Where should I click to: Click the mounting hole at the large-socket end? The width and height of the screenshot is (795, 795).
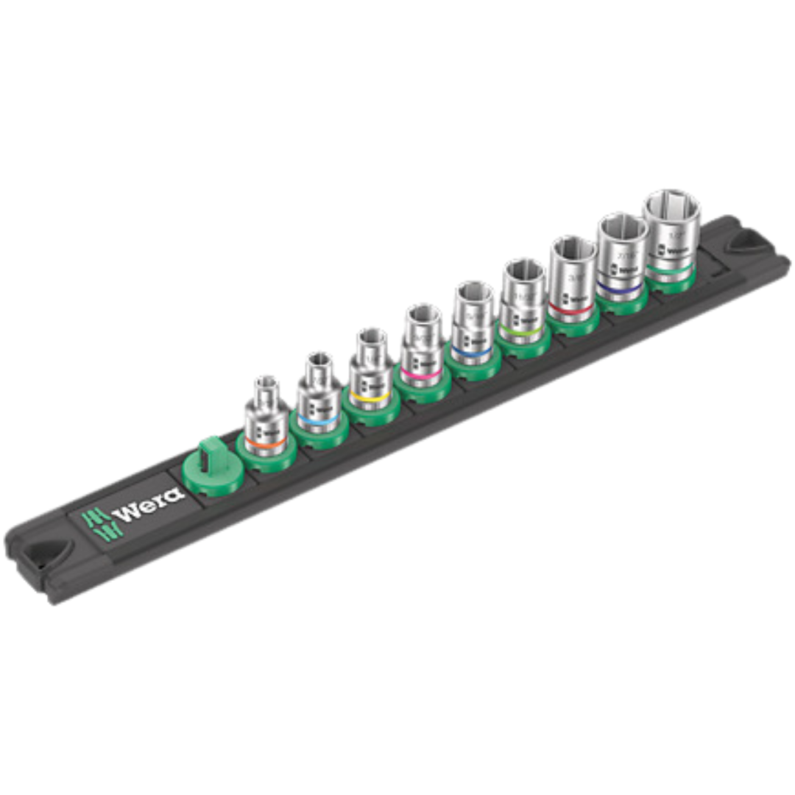749,240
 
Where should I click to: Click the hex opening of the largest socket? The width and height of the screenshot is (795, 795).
670,206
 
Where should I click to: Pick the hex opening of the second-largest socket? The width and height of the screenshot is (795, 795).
622,227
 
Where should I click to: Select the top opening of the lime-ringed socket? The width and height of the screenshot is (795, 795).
523,271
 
